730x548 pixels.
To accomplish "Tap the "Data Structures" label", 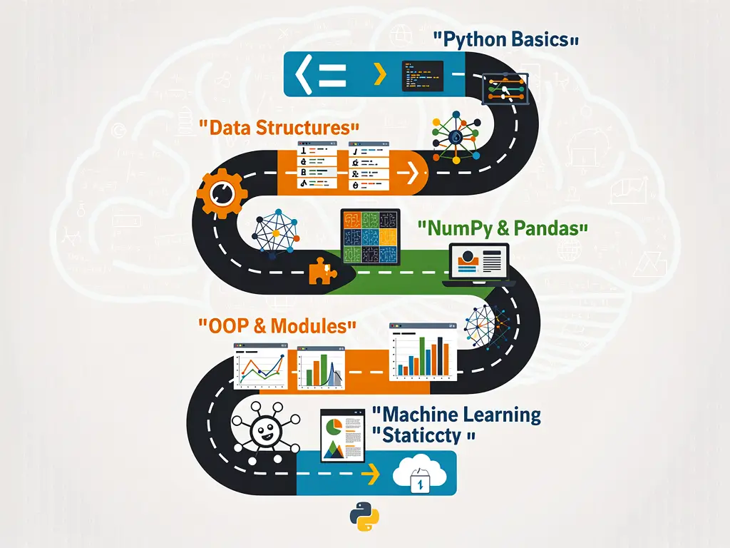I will pyautogui.click(x=279, y=128).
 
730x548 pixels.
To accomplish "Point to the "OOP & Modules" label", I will pyautogui.click(x=276, y=327).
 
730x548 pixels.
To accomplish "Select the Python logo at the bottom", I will pyautogui.click(x=364, y=518).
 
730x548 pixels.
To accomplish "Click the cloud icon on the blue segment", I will pyautogui.click(x=421, y=473).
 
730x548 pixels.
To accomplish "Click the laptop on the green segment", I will pyautogui.click(x=479, y=264).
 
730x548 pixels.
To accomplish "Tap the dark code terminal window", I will pyautogui.click(x=423, y=74).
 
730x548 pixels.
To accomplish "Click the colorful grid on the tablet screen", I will pyautogui.click(x=369, y=237).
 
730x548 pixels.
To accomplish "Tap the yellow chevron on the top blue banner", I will pyautogui.click(x=380, y=74).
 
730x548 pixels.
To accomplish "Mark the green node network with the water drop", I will pyautogui.click(x=453, y=138).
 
